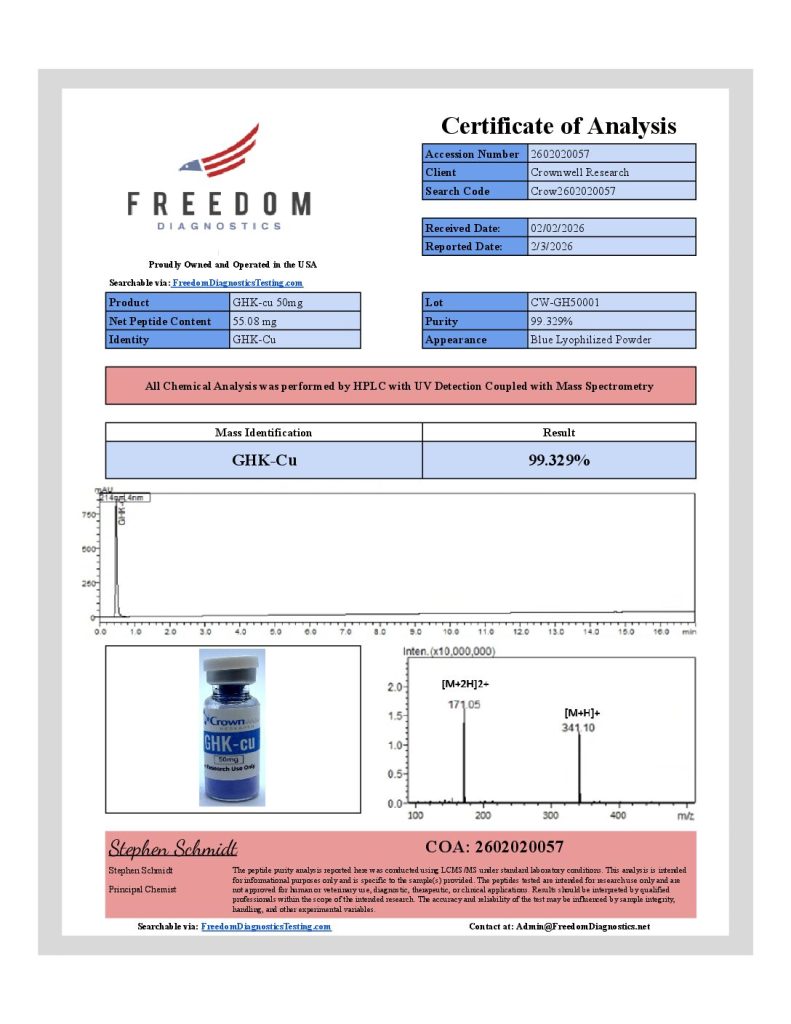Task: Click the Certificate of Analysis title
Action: click(558, 126)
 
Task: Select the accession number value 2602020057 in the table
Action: click(559, 154)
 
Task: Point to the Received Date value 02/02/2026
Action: click(558, 228)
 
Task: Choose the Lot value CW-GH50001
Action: click(565, 302)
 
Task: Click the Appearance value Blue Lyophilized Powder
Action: click(590, 340)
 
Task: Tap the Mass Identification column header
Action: click(263, 433)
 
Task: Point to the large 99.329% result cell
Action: click(558, 460)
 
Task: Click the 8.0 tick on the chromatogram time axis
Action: click(381, 632)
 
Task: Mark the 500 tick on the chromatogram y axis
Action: click(88, 549)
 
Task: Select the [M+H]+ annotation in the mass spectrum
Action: click(582, 712)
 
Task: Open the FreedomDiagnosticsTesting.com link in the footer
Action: click(265, 927)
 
